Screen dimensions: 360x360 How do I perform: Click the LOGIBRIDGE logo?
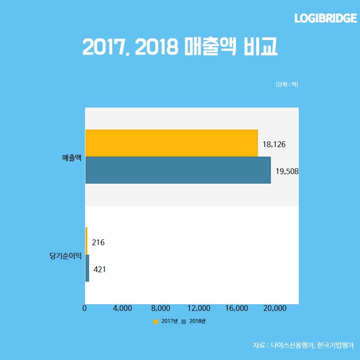pyautogui.click(x=325, y=18)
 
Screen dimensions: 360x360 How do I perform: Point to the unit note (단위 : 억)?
pyautogui.click(x=287, y=84)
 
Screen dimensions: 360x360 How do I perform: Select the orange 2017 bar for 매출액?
pyautogui.click(x=171, y=143)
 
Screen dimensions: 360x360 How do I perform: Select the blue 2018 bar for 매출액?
pyautogui.click(x=178, y=170)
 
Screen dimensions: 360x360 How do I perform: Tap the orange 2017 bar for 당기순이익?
pyautogui.click(x=86, y=241)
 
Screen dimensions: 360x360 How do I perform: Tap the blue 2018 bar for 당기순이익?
pyautogui.click(x=87, y=268)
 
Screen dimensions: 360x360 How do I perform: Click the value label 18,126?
pyautogui.click(x=274, y=144)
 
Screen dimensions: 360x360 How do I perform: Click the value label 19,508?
pyautogui.click(x=287, y=171)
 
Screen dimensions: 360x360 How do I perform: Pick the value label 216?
pyautogui.click(x=98, y=243)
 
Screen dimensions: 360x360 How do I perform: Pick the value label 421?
pyautogui.click(x=99, y=270)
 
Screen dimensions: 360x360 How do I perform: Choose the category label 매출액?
pyautogui.click(x=72, y=157)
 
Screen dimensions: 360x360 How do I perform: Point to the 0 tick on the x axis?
pyautogui.click(x=85, y=308)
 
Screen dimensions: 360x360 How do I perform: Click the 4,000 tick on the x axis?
pyautogui.click(x=122, y=308)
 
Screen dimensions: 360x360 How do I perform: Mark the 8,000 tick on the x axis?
pyautogui.click(x=161, y=308)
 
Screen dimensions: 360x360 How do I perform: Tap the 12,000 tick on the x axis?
pyautogui.click(x=198, y=308)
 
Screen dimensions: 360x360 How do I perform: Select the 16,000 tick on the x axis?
pyautogui.click(x=236, y=308)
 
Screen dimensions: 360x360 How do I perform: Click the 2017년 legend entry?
pyautogui.click(x=166, y=321)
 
